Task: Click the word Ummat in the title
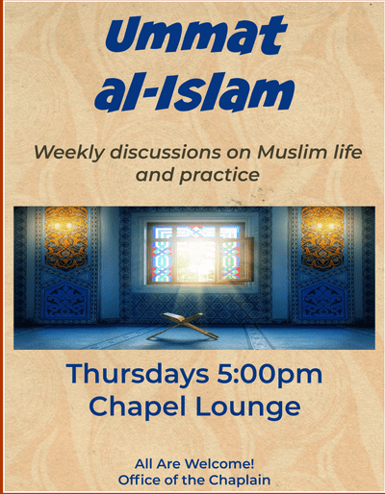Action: (195, 36)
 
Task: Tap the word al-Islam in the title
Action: (194, 90)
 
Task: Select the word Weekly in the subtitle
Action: (69, 153)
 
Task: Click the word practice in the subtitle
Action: (219, 176)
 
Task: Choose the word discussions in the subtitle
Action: (166, 152)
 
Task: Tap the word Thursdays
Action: (138, 374)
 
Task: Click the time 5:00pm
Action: (269, 375)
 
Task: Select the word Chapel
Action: (138, 407)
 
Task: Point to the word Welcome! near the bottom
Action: (219, 464)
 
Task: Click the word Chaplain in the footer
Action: (240, 481)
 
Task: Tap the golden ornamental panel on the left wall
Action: (65, 237)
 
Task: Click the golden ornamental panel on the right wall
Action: (322, 237)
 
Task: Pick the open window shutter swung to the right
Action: (247, 259)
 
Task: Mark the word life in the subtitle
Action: (348, 152)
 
